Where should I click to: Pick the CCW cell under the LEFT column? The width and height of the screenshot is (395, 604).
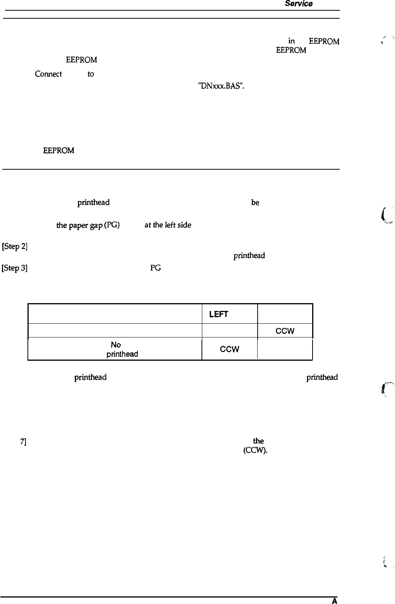[x=229, y=349]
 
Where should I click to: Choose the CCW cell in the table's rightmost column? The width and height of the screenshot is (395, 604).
[x=285, y=331]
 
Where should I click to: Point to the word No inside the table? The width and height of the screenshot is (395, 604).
[x=116, y=345]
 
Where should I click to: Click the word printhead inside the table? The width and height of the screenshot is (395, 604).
[x=122, y=354]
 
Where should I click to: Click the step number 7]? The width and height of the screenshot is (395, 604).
[x=23, y=442]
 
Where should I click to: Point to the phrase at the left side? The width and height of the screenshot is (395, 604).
[x=168, y=225]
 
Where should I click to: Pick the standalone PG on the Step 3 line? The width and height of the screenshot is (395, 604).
[x=155, y=268]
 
